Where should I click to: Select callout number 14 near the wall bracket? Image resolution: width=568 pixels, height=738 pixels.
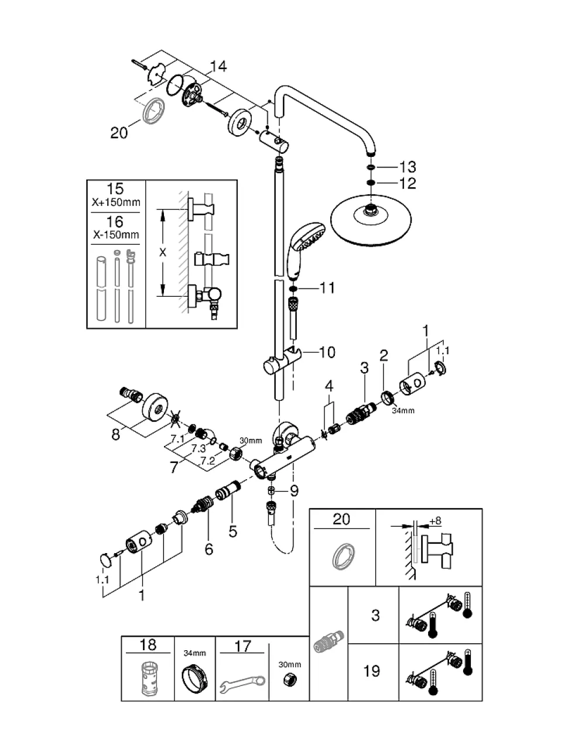(218, 66)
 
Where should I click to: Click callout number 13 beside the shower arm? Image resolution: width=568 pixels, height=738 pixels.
(408, 167)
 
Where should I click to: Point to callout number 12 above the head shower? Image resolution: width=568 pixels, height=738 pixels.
(408, 183)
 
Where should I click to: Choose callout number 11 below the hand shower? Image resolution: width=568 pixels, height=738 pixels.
(327, 288)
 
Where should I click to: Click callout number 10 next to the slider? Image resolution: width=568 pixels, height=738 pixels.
(327, 352)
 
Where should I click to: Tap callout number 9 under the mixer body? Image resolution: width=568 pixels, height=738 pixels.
(294, 491)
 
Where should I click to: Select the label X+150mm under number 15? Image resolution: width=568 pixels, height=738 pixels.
(116, 202)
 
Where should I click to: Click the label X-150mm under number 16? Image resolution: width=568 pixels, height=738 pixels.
(116, 235)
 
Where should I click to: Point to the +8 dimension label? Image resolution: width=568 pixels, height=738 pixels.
(435, 521)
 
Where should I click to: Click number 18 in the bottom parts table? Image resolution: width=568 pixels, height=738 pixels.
(148, 644)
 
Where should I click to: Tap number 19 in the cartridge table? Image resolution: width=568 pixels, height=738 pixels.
(372, 671)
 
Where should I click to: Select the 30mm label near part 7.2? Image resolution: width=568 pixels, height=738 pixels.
(251, 441)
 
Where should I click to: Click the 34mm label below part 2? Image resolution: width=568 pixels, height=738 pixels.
(403, 410)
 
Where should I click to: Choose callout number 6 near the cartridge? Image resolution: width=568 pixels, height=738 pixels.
(209, 549)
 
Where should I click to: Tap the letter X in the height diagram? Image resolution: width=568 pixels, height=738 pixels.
(163, 252)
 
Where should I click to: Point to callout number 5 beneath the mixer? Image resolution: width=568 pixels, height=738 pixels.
(232, 531)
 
